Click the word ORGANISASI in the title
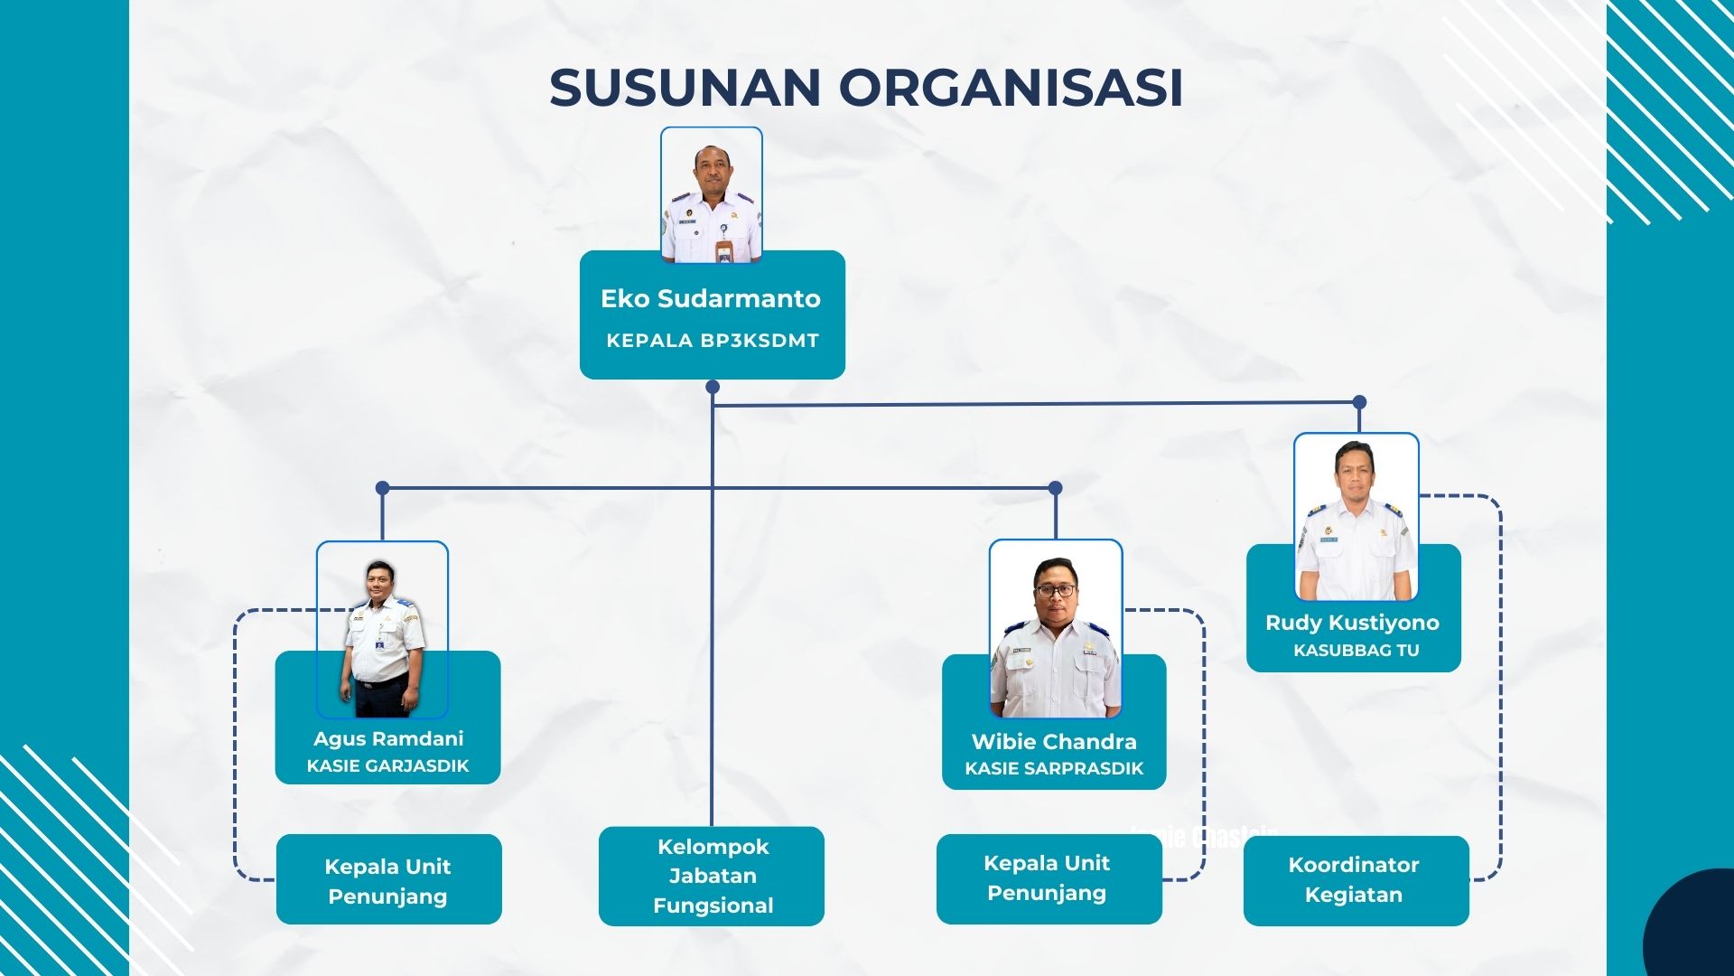(1011, 88)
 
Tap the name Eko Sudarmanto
(711, 298)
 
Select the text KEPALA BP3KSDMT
(712, 341)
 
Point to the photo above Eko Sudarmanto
(712, 195)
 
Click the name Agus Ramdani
(388, 738)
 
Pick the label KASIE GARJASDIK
(388, 766)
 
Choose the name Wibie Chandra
(1054, 742)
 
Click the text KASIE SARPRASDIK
(1054, 769)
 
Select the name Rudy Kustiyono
(1352, 623)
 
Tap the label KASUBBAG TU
(1356, 651)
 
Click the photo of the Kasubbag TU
(1356, 518)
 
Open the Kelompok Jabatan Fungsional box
(712, 876)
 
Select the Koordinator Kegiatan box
(1356, 880)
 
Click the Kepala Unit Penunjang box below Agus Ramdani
(388, 879)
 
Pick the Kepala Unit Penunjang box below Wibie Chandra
(1049, 878)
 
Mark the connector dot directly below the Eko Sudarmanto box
(713, 387)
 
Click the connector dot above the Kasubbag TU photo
(1359, 402)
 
